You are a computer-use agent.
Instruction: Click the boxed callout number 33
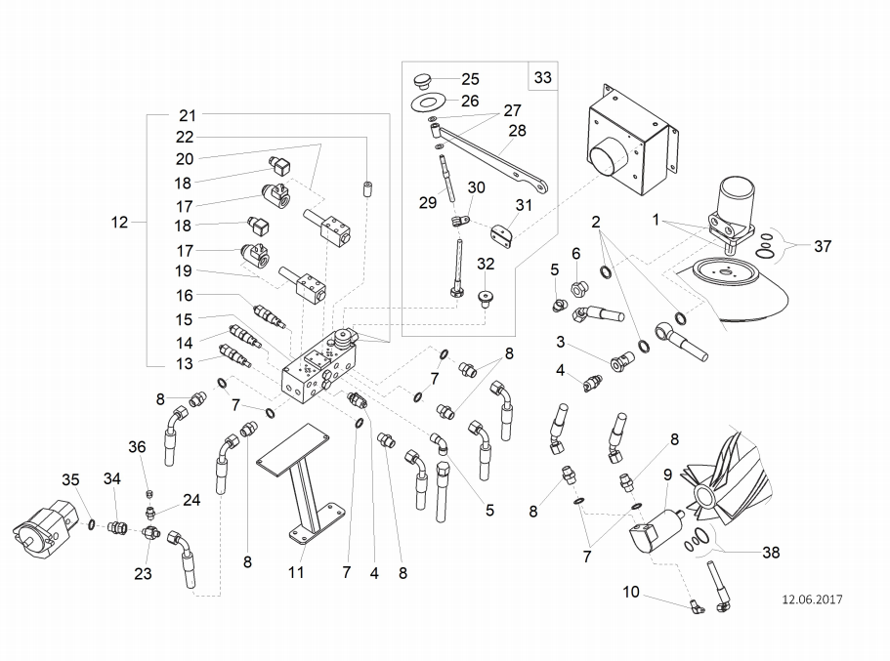(542, 77)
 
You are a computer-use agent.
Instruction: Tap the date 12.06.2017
(812, 599)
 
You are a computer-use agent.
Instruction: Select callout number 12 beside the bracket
(119, 222)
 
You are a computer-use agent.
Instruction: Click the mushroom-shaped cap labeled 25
(422, 81)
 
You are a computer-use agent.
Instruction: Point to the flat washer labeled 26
(427, 103)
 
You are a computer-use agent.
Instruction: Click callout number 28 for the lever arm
(517, 131)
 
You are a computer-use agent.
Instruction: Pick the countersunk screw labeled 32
(485, 298)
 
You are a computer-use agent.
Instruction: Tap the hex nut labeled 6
(577, 289)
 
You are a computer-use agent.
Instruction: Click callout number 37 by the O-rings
(823, 246)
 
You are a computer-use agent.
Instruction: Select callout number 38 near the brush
(771, 552)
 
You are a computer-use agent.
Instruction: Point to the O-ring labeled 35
(92, 525)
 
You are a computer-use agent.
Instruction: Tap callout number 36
(137, 447)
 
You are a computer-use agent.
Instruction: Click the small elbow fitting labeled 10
(697, 607)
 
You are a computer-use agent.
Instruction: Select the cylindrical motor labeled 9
(656, 530)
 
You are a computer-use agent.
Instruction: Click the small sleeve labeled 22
(367, 187)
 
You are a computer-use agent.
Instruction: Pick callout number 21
(188, 115)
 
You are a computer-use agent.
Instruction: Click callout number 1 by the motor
(656, 220)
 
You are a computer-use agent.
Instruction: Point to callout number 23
(143, 574)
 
